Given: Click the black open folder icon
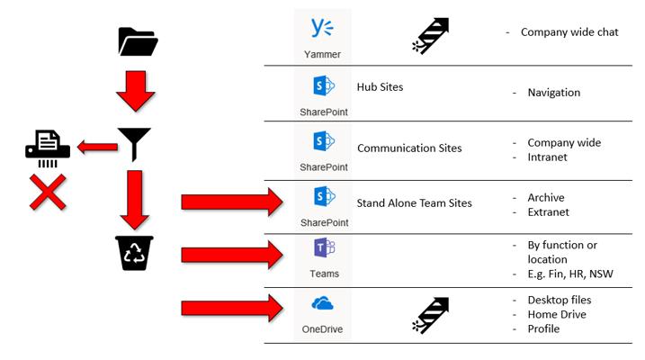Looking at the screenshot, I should click(x=137, y=41).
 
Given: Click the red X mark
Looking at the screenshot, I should click(x=48, y=193).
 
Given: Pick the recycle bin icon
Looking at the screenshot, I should click(x=134, y=253).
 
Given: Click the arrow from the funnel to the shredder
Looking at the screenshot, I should click(x=97, y=146).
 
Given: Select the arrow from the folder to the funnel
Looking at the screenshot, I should click(x=135, y=89).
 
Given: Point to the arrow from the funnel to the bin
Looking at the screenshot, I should click(x=135, y=199).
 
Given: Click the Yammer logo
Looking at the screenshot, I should click(x=322, y=29).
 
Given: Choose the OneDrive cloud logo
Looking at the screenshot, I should click(x=322, y=304).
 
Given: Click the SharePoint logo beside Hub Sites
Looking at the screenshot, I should click(x=323, y=87).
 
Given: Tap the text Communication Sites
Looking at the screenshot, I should click(x=409, y=148).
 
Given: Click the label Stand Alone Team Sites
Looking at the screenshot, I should click(x=414, y=203).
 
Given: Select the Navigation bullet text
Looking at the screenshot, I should click(x=553, y=93).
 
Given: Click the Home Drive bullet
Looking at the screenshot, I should click(x=558, y=314).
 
